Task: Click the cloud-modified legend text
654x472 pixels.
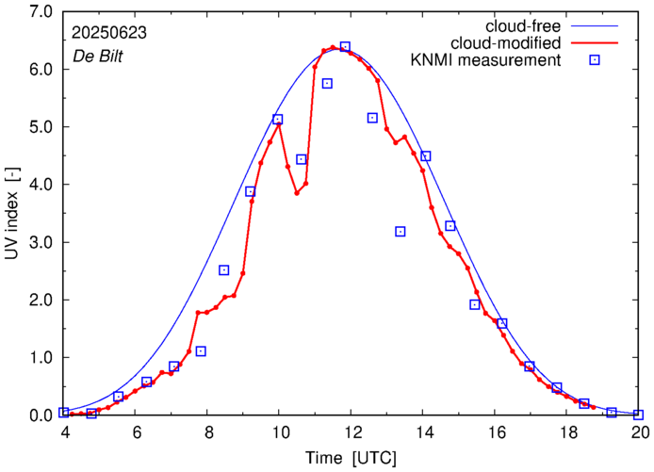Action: coord(507,42)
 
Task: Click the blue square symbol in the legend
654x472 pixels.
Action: coord(596,61)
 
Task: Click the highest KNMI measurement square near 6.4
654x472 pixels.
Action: coord(345,47)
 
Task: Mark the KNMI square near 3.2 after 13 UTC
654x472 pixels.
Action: coord(401,232)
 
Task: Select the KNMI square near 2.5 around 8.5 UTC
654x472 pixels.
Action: coord(224,270)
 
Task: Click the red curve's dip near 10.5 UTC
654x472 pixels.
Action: coord(297,193)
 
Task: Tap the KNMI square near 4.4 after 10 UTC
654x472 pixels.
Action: coord(302,159)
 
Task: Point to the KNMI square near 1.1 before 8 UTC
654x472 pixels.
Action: coord(201,351)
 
